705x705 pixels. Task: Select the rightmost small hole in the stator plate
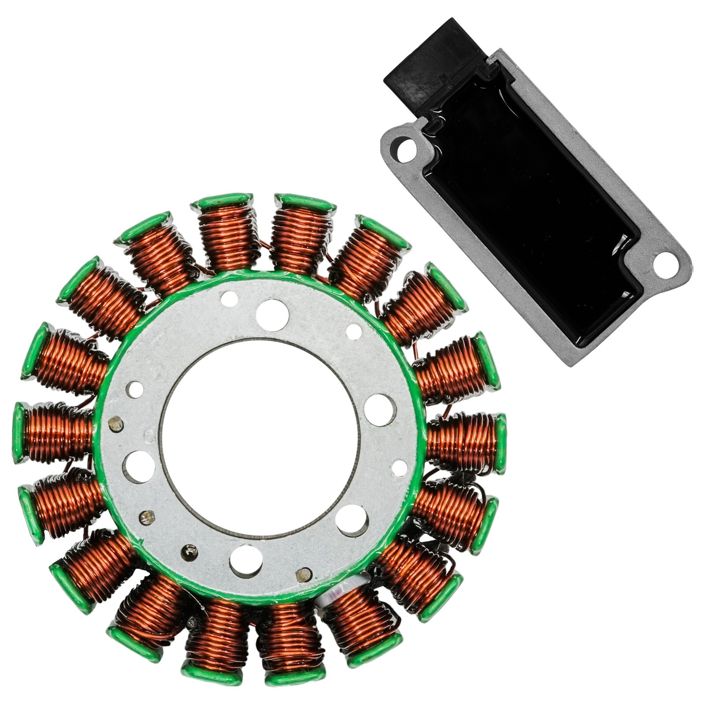(399, 467)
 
